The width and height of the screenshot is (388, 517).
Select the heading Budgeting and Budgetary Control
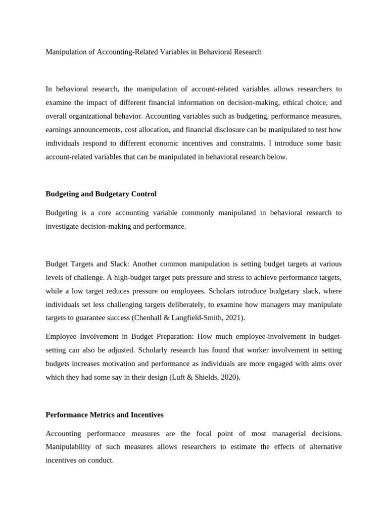coord(101,194)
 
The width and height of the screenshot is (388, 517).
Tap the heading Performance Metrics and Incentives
coord(105,415)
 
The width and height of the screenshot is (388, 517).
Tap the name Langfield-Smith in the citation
coord(197,318)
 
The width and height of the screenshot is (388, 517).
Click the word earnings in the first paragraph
coord(59,130)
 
